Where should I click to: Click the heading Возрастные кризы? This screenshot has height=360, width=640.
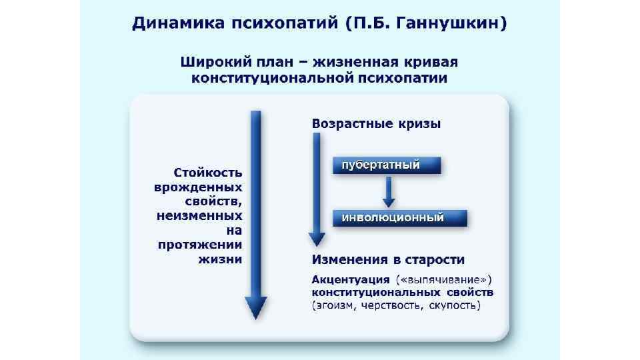pyautogui.click(x=376, y=123)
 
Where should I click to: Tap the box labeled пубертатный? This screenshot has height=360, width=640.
pyautogui.click(x=387, y=165)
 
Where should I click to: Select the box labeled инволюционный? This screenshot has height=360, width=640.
pyautogui.click(x=399, y=218)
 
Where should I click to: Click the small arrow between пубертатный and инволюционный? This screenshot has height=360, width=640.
pyautogui.click(x=388, y=193)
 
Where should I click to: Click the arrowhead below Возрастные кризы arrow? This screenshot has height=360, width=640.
pyautogui.click(x=317, y=238)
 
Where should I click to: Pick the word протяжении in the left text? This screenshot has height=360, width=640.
pyautogui.click(x=200, y=245)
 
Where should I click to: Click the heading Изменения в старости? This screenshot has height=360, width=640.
pyautogui.click(x=388, y=259)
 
